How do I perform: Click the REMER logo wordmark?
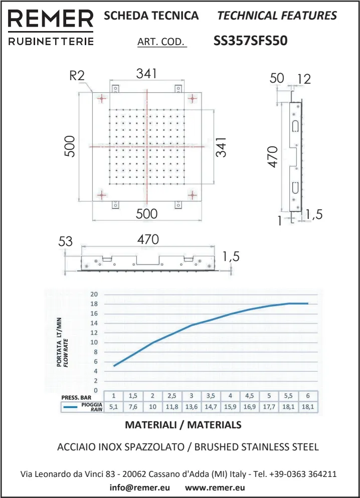tap(51, 19)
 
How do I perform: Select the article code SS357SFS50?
tap(250, 41)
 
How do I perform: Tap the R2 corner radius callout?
tap(77, 76)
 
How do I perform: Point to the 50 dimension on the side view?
tap(276, 78)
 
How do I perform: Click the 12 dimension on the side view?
tap(304, 79)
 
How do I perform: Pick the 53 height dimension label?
tap(66, 241)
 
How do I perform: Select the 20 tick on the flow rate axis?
tap(94, 294)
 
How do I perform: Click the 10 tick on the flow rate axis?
tap(94, 342)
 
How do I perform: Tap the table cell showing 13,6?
tap(191, 407)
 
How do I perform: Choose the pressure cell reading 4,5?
tap(249, 396)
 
